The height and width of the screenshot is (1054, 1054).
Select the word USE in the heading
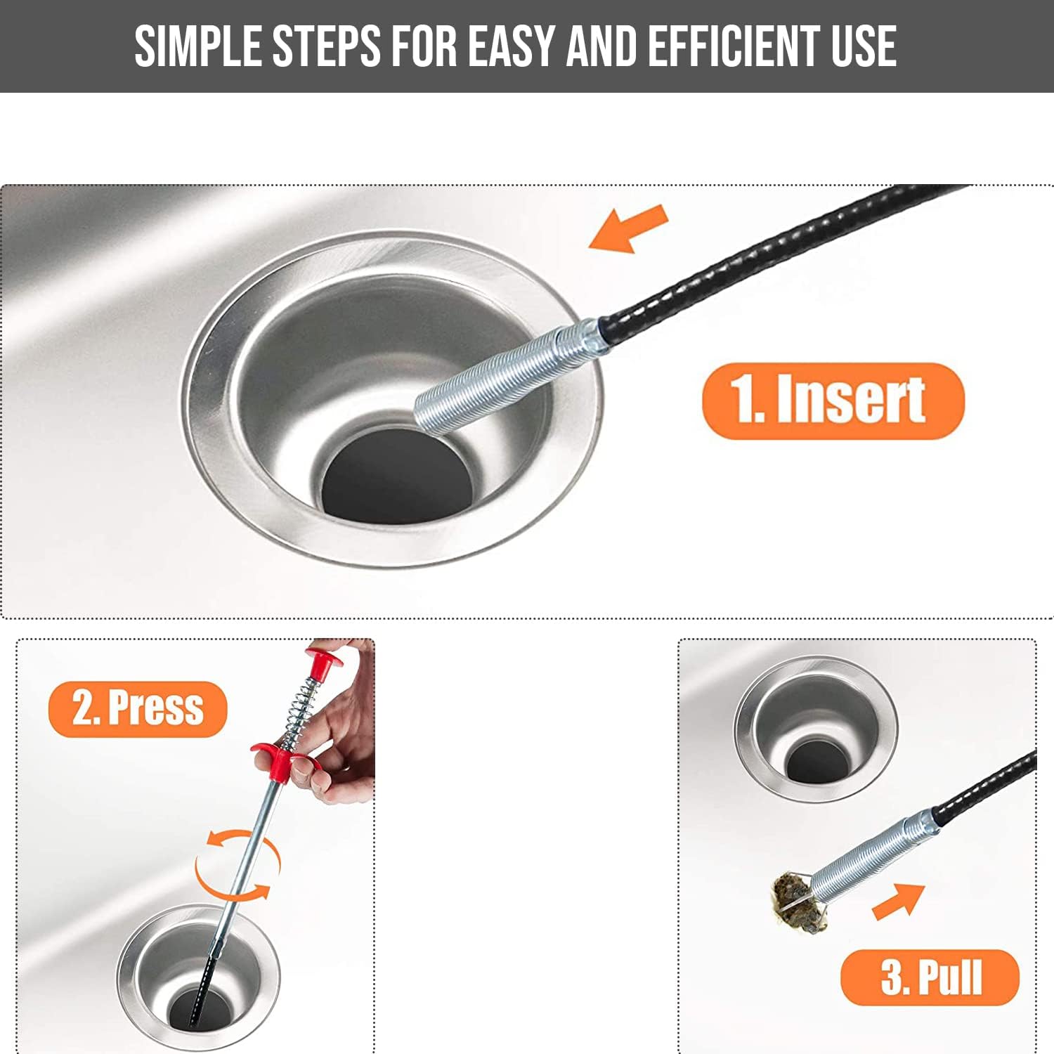tap(864, 46)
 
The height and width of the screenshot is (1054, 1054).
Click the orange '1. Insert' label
tap(833, 401)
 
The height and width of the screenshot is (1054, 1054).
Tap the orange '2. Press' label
tap(138, 708)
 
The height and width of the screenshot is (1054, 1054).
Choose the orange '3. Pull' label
tap(930, 977)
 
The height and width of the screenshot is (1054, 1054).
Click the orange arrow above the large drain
tap(628, 228)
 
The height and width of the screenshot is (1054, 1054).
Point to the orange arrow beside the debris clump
tap(899, 901)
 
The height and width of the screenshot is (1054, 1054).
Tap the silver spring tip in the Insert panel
tap(506, 372)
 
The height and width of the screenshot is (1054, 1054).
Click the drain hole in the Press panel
tap(200, 1012)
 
